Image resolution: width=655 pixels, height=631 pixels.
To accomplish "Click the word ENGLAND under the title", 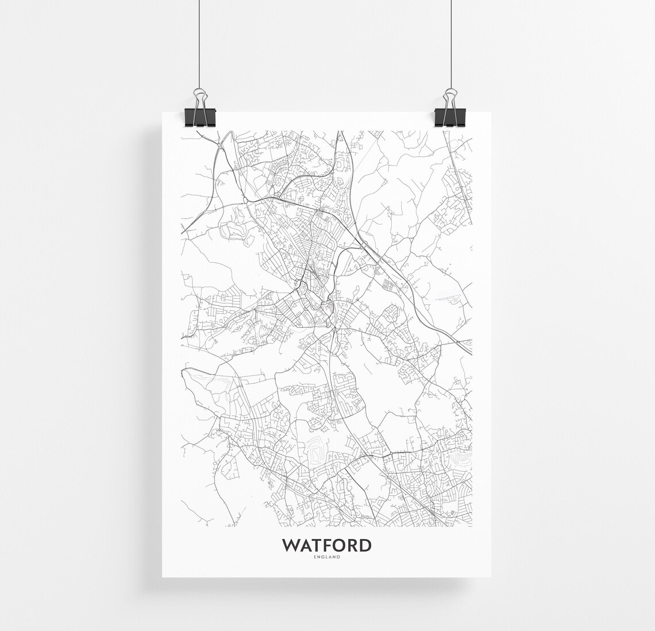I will pyautogui.click(x=326, y=556).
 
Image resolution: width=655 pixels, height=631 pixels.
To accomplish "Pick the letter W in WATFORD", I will pyautogui.click(x=290, y=544).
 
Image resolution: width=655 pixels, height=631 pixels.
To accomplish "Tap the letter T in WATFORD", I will pyautogui.click(x=318, y=544).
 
